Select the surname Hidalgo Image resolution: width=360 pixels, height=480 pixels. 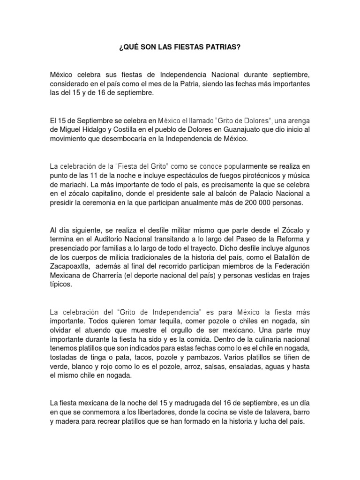coord(108,129)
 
